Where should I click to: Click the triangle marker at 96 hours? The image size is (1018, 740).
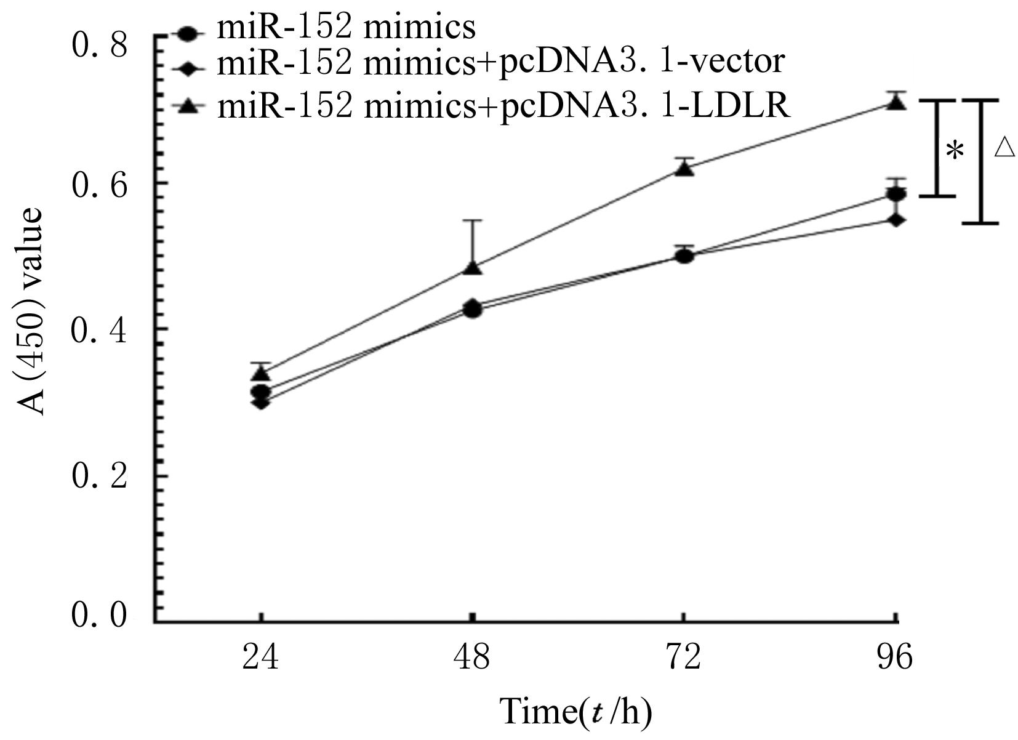896,103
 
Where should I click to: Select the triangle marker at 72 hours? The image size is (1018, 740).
684,169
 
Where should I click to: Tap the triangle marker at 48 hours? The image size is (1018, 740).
472,268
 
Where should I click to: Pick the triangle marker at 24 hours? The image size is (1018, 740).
262,373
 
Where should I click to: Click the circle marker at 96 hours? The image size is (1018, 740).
896,195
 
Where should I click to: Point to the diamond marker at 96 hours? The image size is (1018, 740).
896,220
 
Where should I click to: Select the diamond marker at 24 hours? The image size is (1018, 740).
261,403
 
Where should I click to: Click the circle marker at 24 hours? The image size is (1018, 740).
261,392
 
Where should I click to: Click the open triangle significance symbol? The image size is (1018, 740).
1004,147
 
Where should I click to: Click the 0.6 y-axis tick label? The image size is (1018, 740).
100,184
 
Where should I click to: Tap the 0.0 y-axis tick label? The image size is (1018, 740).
100,616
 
